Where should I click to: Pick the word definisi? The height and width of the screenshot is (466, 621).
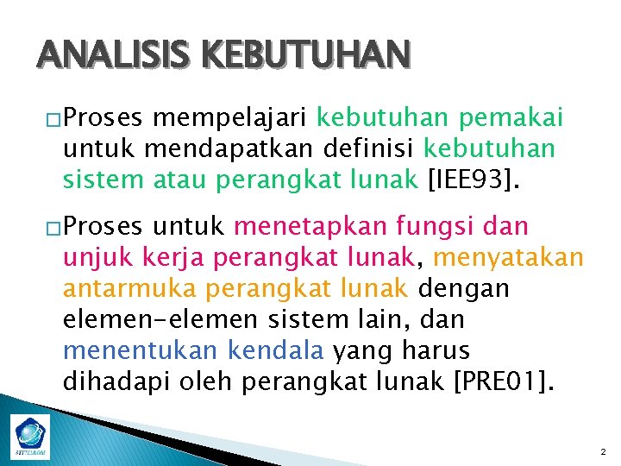pos(363,148)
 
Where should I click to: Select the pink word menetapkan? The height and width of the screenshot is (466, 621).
pos(313,228)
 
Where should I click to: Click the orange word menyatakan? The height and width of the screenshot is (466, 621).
pos(508,258)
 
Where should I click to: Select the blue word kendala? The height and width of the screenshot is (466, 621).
pos(276,350)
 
